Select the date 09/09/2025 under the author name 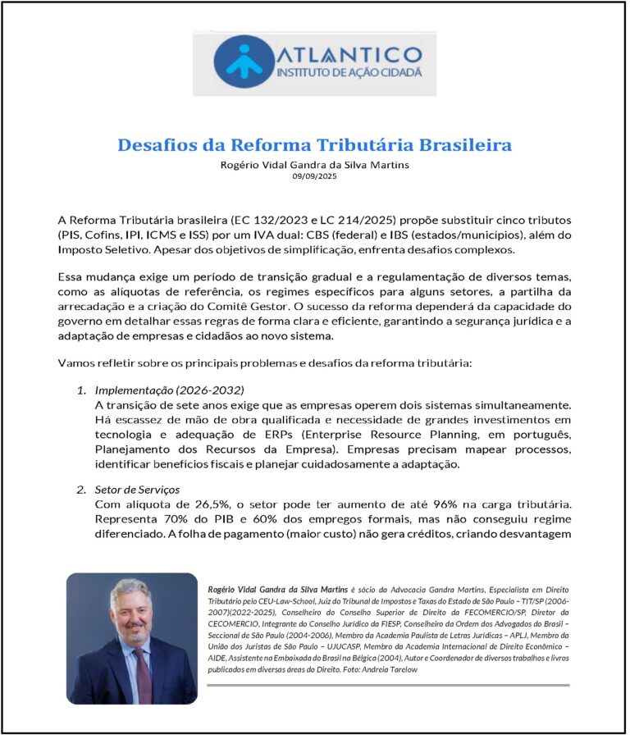tap(314, 176)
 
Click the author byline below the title tap(314, 164)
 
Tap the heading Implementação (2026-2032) tap(170, 390)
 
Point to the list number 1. tap(81, 390)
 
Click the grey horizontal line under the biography tap(386, 685)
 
